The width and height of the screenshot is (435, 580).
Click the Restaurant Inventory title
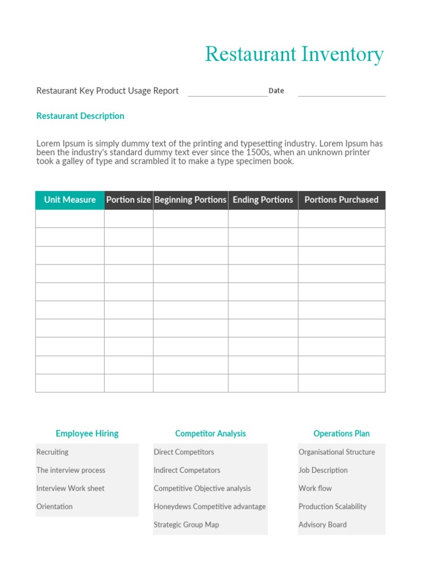tap(294, 54)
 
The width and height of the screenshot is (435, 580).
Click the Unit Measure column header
tap(70, 200)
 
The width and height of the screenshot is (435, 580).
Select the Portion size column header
tap(129, 200)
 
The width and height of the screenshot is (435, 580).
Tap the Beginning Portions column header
tap(190, 200)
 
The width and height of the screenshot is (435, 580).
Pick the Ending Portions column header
tap(263, 200)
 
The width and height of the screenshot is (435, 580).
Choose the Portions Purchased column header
tap(341, 200)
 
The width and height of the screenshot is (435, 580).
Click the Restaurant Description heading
tap(80, 116)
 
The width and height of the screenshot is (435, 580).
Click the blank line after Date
tap(341, 92)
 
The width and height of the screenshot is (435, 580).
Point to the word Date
tap(276, 91)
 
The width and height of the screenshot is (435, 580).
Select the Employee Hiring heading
tap(87, 434)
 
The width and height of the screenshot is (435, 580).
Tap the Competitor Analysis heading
tap(210, 434)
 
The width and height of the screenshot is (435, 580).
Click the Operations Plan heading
tap(341, 434)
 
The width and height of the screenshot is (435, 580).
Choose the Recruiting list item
tap(52, 452)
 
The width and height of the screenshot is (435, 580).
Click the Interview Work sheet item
tap(70, 488)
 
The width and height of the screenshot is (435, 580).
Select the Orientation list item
tap(54, 506)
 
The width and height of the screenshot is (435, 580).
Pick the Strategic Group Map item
tap(186, 524)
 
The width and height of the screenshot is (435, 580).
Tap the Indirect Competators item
tap(186, 470)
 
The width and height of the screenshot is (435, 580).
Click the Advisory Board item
tap(322, 524)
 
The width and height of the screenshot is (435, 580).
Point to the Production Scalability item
tap(332, 506)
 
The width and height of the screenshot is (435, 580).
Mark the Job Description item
tap(323, 470)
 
